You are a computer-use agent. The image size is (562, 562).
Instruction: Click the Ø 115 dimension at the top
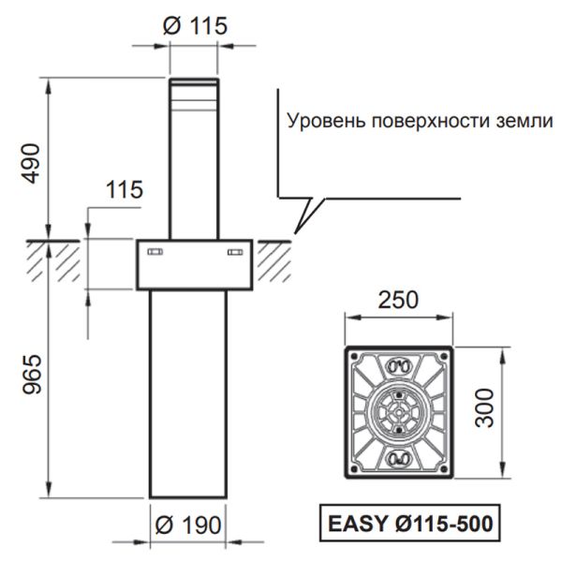(195, 25)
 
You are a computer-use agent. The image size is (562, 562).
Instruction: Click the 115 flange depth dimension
(124, 190)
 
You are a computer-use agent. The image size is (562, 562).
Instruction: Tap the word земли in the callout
(523, 122)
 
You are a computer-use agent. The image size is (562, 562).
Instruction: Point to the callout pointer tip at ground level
(294, 232)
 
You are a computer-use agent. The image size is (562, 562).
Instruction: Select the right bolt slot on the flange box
(234, 252)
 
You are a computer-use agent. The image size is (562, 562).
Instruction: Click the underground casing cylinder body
(187, 393)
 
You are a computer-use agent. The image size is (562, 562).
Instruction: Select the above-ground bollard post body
(193, 169)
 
